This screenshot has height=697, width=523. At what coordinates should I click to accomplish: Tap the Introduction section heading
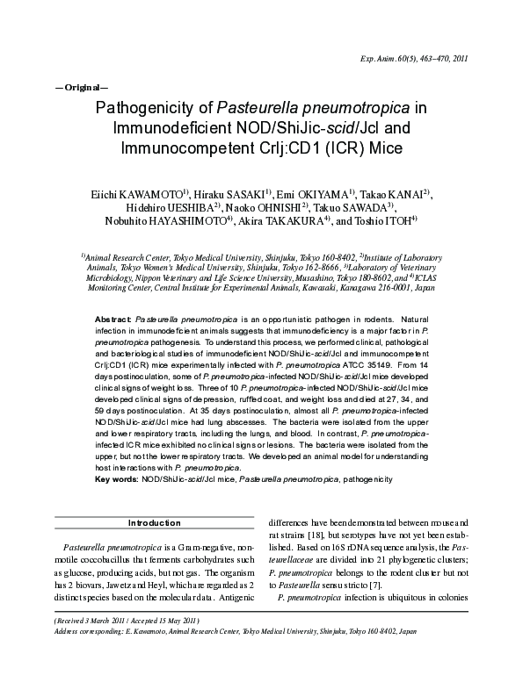click(154, 523)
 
